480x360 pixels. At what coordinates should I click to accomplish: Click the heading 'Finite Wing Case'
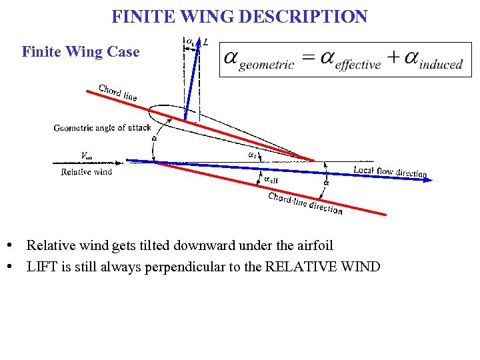click(81, 51)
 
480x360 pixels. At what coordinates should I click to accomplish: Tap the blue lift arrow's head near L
click(198, 45)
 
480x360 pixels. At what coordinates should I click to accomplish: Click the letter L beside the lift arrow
click(206, 42)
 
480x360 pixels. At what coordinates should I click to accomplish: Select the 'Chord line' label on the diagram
click(118, 93)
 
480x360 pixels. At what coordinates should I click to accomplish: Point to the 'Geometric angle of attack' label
click(103, 127)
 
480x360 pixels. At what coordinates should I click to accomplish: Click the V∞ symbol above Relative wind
click(86, 156)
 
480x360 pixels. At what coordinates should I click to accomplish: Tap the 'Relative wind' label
click(87, 172)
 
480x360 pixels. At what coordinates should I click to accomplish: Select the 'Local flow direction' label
click(390, 171)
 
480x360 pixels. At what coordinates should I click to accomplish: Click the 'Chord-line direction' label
click(305, 203)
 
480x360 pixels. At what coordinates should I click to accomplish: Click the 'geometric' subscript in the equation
click(266, 65)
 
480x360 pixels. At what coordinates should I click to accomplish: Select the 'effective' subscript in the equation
click(358, 65)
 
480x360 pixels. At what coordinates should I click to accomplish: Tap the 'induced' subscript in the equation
click(441, 65)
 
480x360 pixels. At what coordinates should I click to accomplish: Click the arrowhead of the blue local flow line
click(421, 177)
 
